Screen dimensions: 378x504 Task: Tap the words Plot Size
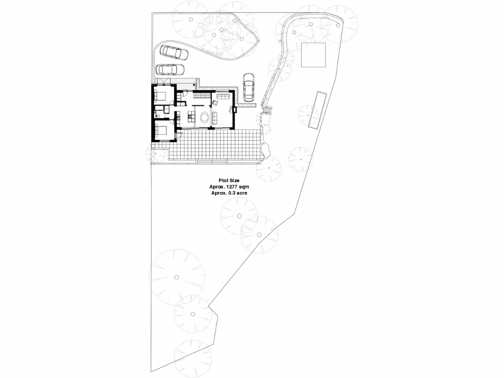point(229,181)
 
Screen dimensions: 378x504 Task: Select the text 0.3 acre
point(237,193)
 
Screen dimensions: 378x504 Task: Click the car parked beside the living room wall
point(249,87)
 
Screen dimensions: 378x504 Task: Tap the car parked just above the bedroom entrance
point(169,69)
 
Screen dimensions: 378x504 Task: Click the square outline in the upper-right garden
point(314,55)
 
